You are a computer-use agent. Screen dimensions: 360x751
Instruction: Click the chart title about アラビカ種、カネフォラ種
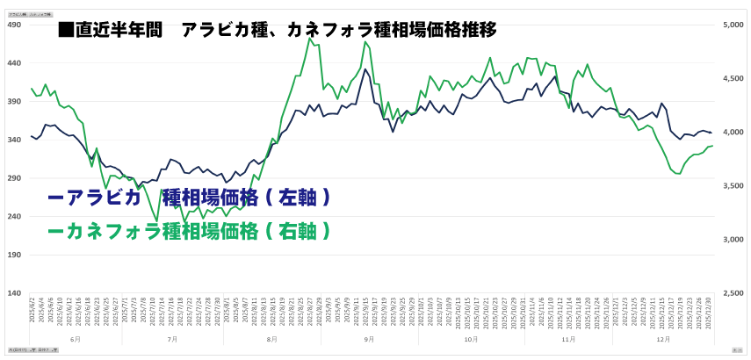(277, 29)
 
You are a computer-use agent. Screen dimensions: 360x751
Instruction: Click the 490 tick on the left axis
(15, 25)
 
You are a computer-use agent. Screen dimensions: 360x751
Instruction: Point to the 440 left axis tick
(15, 63)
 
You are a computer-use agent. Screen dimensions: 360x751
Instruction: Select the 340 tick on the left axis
(15, 140)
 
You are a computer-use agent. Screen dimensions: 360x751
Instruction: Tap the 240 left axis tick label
(15, 216)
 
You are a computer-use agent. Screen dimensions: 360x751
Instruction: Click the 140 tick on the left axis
(15, 292)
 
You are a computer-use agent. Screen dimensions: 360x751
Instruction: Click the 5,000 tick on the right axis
(733, 25)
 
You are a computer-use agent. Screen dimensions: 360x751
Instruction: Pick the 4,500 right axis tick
(733, 78)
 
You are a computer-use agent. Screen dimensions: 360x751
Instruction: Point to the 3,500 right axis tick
(733, 185)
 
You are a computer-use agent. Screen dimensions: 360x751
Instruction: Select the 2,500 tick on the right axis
(733, 292)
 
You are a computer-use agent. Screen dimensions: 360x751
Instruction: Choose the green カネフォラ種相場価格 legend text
(189, 231)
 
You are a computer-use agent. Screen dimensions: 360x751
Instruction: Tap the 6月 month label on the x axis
(75, 338)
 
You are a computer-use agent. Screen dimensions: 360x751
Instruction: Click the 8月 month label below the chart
(271, 338)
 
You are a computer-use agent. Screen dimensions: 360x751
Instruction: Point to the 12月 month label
(663, 338)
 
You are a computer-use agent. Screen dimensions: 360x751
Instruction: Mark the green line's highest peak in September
(365, 42)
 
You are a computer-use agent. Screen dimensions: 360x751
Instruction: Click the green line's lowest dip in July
(157, 221)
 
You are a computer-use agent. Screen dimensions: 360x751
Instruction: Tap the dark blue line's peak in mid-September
(365, 69)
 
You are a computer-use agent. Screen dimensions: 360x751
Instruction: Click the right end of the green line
(711, 146)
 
